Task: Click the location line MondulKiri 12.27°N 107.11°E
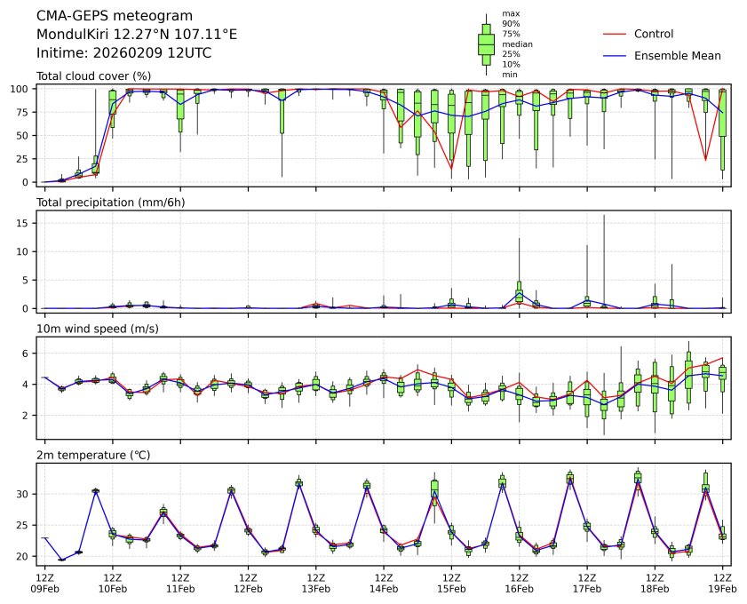[137, 35]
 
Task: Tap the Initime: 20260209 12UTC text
[123, 53]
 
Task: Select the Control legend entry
[653, 35]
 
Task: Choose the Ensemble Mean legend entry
[677, 56]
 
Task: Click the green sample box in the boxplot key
[486, 44]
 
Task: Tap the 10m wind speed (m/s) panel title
[91, 330]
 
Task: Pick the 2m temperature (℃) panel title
[93, 456]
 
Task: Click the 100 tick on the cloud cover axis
[22, 89]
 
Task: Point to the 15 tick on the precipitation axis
[26, 224]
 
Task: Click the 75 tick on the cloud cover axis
[26, 112]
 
